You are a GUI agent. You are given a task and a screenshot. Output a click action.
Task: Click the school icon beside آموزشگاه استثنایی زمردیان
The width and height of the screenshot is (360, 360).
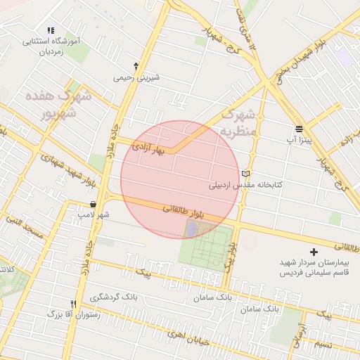pos(50,30)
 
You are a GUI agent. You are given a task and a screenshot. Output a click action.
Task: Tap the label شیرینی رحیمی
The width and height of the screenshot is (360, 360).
pos(136,77)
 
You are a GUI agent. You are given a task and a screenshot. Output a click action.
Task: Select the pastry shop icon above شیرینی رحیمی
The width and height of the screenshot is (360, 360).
pos(136,66)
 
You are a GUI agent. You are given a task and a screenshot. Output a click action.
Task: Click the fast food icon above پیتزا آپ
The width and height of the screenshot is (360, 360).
pos(299,129)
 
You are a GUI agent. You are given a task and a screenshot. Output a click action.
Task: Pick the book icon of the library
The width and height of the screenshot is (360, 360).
pos(245,174)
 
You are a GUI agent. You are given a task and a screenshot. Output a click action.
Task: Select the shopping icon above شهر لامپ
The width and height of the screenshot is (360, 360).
pos(94,203)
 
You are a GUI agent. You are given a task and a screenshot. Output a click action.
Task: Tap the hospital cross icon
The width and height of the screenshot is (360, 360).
pos(314,251)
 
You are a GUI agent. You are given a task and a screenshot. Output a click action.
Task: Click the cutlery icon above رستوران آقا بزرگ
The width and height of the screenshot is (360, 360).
pos(74,303)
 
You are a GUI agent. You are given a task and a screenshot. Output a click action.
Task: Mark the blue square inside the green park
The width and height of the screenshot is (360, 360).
pos(192,229)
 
